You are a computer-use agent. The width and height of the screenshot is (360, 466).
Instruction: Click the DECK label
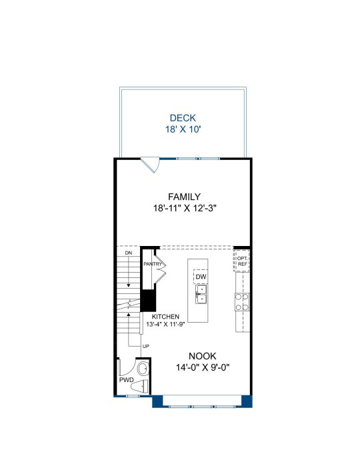tap(183, 118)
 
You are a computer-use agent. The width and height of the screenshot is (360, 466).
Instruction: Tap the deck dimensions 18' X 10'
tap(183, 129)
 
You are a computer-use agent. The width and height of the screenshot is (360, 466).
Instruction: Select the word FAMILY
tap(184, 197)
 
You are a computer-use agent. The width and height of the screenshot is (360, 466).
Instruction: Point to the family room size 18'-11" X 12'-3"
tap(184, 208)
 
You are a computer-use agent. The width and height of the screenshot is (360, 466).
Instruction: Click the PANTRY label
tap(153, 264)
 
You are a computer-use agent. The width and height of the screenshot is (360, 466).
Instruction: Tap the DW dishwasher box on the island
tap(201, 277)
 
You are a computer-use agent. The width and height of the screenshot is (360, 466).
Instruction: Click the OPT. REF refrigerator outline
tap(242, 261)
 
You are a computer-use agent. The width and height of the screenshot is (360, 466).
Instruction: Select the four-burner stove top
tap(242, 302)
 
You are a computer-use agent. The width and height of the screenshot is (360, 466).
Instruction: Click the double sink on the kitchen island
tap(201, 294)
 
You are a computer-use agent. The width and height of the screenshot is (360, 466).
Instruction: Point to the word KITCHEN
tap(165, 317)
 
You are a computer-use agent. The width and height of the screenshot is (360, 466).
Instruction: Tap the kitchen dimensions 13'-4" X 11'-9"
tap(165, 324)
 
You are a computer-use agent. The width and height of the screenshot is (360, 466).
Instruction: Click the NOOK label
tap(203, 356)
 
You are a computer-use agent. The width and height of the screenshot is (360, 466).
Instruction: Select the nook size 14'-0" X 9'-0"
tap(203, 367)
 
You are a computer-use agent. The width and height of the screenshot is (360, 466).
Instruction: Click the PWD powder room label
tap(127, 380)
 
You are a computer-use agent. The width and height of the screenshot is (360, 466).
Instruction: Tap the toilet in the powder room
tap(140, 387)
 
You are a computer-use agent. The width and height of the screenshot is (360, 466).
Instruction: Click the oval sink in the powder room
tap(143, 369)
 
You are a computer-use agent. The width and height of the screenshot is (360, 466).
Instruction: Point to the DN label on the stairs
tap(129, 253)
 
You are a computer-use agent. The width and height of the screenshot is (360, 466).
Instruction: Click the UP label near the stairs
tap(146, 346)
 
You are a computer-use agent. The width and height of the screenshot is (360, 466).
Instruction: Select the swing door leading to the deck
tap(151, 165)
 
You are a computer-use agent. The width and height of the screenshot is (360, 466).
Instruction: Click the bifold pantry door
tap(160, 266)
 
